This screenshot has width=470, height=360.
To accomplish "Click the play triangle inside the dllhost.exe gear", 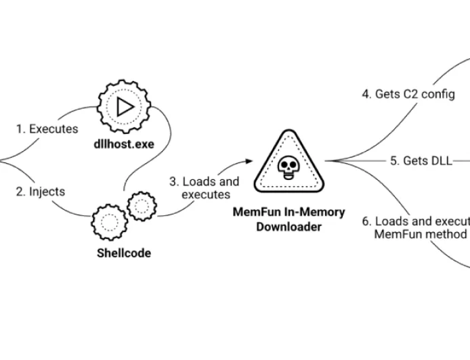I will [124, 107].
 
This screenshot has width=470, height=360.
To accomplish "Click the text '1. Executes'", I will [47, 129].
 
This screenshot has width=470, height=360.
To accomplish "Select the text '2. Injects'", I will [41, 192].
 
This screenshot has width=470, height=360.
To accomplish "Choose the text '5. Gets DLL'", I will [419, 160].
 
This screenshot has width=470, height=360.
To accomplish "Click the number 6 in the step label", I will [366, 221].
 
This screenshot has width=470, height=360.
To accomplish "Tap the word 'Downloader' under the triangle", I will [289, 227].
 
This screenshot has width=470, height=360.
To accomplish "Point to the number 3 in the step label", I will [173, 181].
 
